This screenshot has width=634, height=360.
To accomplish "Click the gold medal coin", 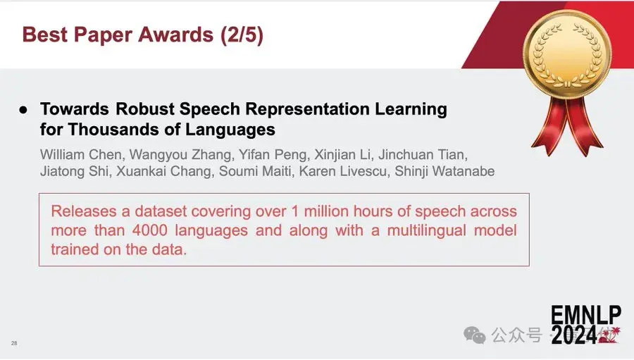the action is (x=567, y=54).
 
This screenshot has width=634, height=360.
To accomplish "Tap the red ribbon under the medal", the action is (x=568, y=125).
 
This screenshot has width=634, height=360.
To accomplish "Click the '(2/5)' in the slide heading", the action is (x=242, y=35).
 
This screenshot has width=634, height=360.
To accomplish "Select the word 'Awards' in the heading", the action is (x=176, y=35).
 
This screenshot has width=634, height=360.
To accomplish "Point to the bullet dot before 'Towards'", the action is (x=23, y=110).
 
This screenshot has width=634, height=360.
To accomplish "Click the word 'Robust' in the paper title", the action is (x=145, y=108).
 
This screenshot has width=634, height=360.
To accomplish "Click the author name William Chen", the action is (x=81, y=154).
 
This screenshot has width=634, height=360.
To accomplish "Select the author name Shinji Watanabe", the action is (x=445, y=171).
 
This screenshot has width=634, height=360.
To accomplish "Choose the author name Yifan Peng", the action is (x=273, y=155).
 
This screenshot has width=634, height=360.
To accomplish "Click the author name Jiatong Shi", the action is (x=74, y=171).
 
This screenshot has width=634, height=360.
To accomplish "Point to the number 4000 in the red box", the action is (x=149, y=230).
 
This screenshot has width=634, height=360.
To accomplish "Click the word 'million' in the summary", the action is (x=326, y=211).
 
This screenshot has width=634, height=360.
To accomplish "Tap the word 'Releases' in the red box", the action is (x=84, y=211).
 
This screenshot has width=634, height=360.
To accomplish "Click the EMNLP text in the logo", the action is (x=586, y=315).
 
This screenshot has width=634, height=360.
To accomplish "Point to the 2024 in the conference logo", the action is (x=574, y=335).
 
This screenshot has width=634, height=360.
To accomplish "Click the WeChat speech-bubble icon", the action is (x=474, y=335).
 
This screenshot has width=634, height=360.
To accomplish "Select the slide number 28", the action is (x=14, y=343).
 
